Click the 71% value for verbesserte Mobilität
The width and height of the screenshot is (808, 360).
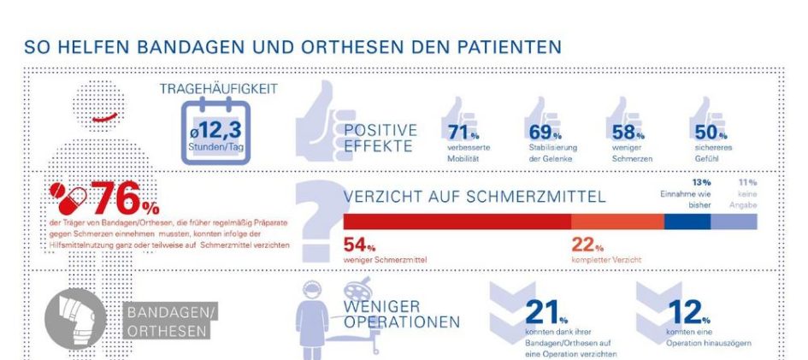[463, 132]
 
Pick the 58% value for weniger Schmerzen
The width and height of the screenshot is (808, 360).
[628, 132]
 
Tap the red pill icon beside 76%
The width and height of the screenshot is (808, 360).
[67, 196]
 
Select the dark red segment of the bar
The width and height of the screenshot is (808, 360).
[457, 221]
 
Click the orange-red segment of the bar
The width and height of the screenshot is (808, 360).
[617, 221]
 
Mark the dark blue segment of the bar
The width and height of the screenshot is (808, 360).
[688, 221]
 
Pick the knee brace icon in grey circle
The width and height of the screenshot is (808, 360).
[75, 322]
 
